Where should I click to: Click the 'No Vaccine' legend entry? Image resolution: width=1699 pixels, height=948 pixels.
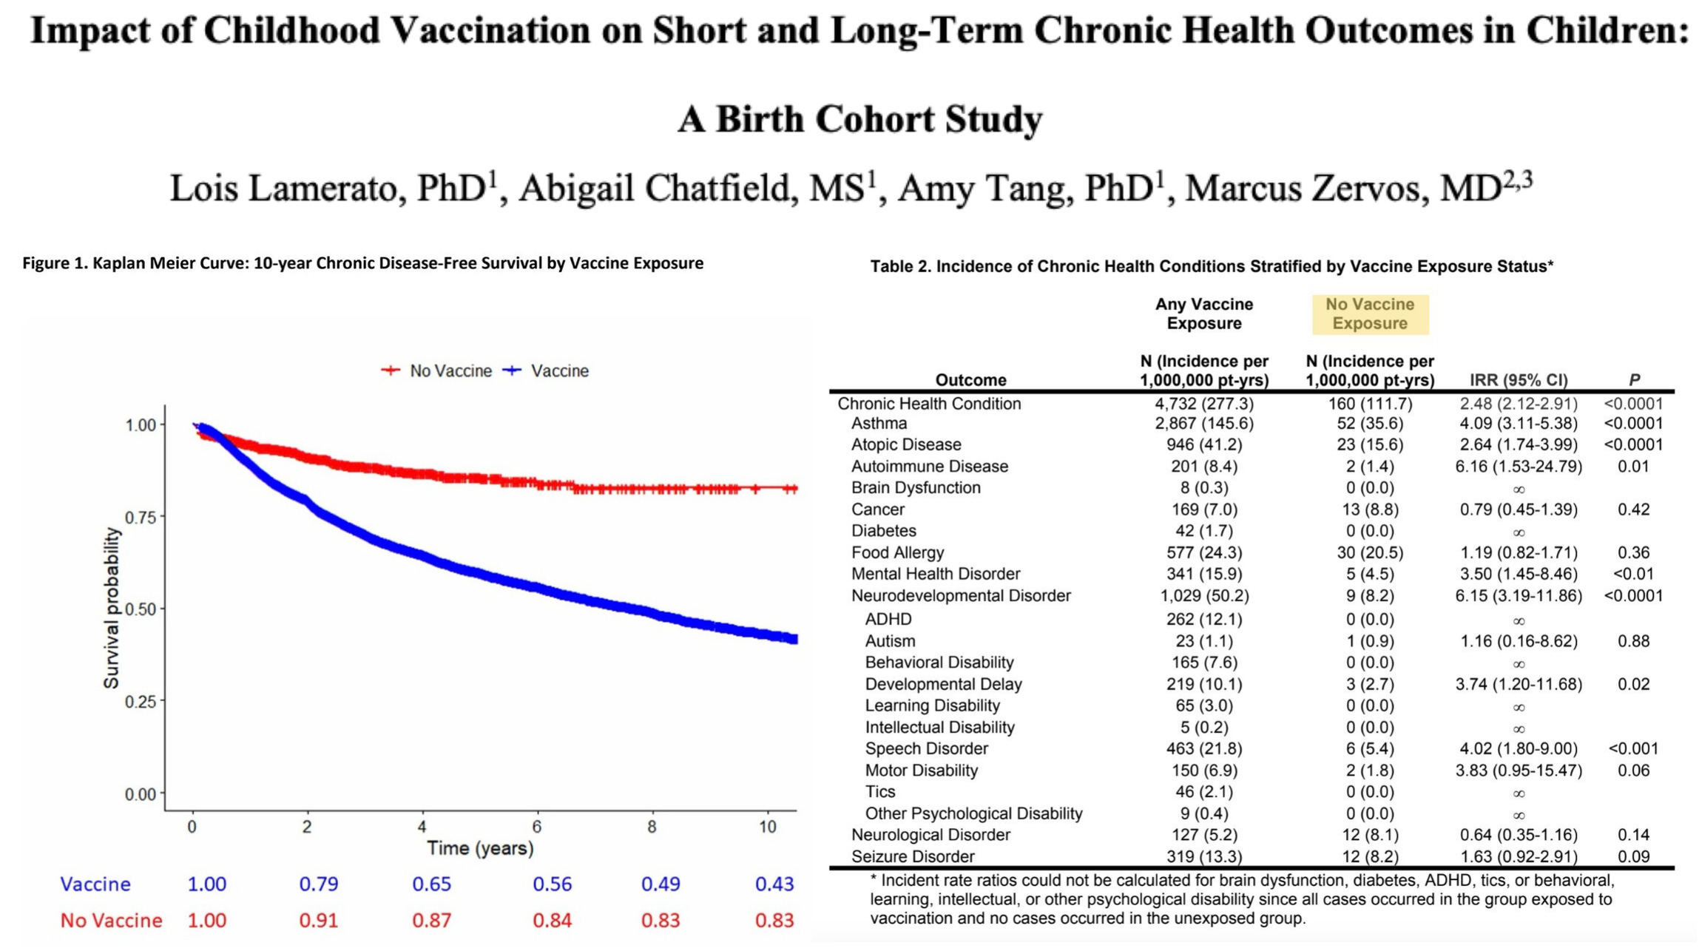pyautogui.click(x=450, y=370)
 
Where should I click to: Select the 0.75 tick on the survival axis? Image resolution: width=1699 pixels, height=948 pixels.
pyautogui.click(x=141, y=517)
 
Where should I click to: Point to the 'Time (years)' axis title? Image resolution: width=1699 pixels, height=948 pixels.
pyautogui.click(x=479, y=848)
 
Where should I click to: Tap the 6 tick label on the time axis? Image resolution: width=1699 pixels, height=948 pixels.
pyautogui.click(x=536, y=827)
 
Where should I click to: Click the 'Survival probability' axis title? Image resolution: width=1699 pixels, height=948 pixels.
pyautogui.click(x=111, y=608)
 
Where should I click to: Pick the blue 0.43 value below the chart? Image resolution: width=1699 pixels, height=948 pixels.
pyautogui.click(x=774, y=884)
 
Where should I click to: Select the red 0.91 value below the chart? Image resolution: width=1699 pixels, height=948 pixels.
pyautogui.click(x=318, y=921)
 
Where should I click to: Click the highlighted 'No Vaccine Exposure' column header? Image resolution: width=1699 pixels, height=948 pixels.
pyautogui.click(x=1369, y=314)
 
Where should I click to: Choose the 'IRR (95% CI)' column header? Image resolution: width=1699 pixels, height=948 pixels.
pyautogui.click(x=1518, y=380)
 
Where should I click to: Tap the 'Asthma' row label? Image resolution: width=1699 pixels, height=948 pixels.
pyautogui.click(x=879, y=424)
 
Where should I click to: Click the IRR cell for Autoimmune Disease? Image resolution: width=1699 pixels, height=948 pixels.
pyautogui.click(x=1518, y=467)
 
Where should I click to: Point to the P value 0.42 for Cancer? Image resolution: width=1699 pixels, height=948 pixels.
pyautogui.click(x=1633, y=509)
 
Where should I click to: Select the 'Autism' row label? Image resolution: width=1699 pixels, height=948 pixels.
pyautogui.click(x=890, y=641)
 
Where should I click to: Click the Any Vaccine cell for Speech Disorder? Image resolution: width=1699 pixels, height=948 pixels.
pyautogui.click(x=1203, y=748)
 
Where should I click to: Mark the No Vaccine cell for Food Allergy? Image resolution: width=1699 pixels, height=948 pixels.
pyautogui.click(x=1369, y=552)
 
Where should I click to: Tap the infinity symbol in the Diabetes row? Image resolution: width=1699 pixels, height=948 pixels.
pyautogui.click(x=1518, y=532)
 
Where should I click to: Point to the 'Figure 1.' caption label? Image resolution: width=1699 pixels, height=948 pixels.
pyautogui.click(x=55, y=264)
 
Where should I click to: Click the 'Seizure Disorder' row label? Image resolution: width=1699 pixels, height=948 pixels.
pyautogui.click(x=913, y=856)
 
